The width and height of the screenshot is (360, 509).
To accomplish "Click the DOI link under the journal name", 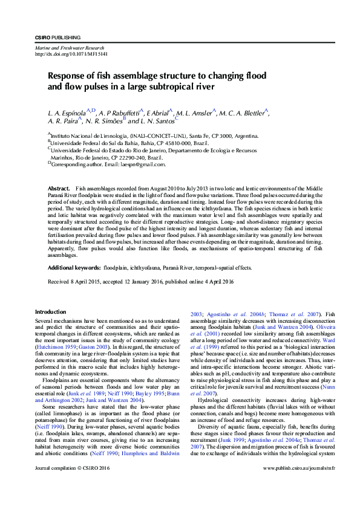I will (x=71, y=54).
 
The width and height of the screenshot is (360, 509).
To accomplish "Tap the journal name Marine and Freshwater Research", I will (x=70, y=48).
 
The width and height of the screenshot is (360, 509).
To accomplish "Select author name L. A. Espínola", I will (x=67, y=113).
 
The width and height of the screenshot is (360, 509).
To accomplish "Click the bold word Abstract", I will (x=59, y=189).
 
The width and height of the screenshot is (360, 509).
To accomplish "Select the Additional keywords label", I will (x=74, y=267).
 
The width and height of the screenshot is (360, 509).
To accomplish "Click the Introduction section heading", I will (x=51, y=312).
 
